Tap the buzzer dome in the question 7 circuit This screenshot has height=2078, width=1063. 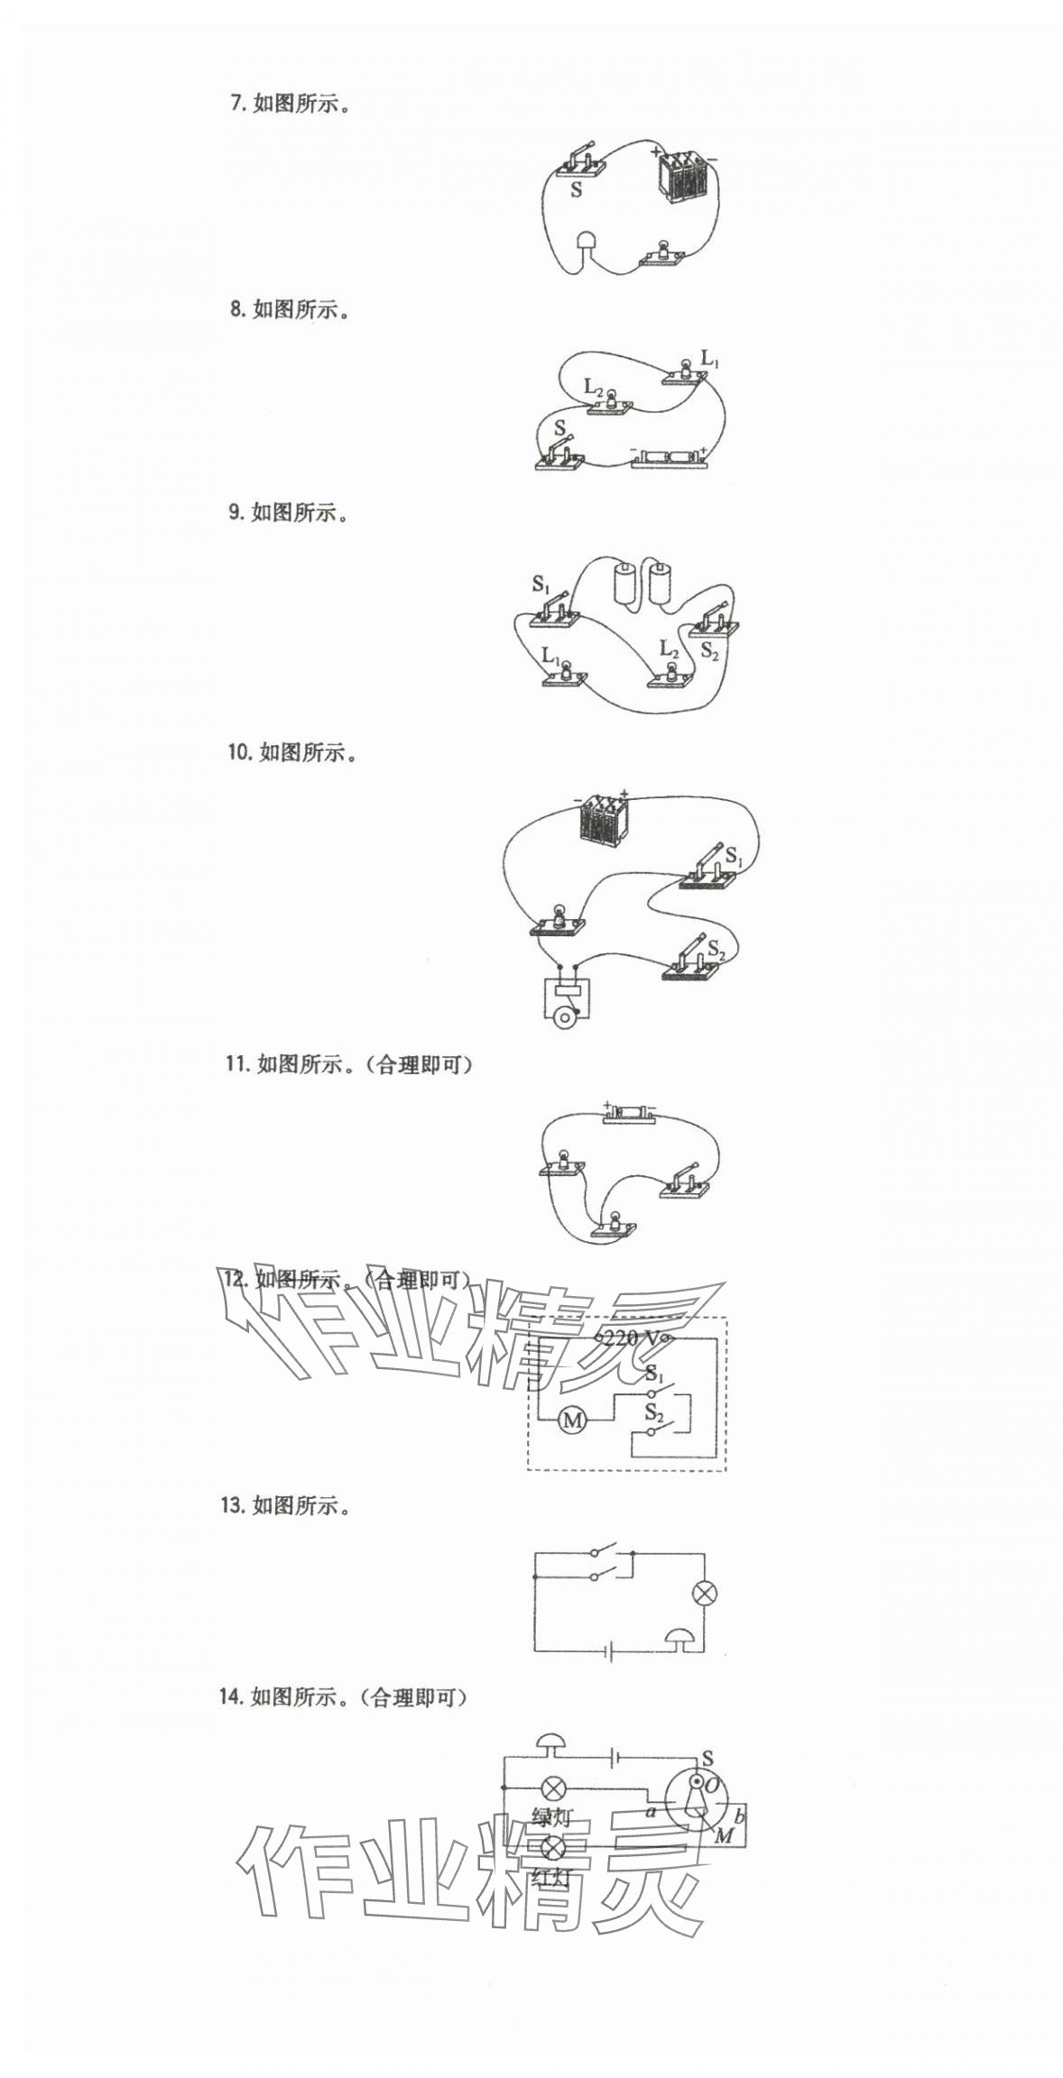tap(586, 241)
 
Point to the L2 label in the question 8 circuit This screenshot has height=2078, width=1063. tap(593, 388)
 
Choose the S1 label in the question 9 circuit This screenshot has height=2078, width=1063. tap(541, 584)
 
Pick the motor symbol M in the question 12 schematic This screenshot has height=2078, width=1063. tap(572, 1421)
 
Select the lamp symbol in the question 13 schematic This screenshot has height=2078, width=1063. tap(704, 1593)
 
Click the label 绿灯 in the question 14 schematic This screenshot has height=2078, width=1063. tap(550, 1817)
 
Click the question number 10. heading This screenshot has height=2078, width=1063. tap(239, 752)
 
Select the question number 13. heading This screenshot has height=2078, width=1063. tap(233, 1505)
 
